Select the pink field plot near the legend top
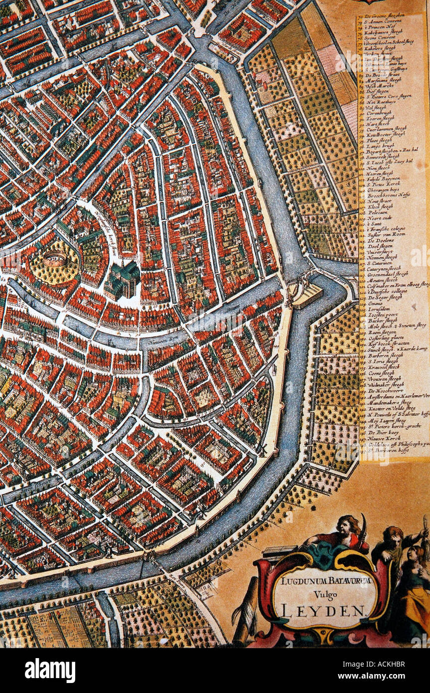[329, 60]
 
